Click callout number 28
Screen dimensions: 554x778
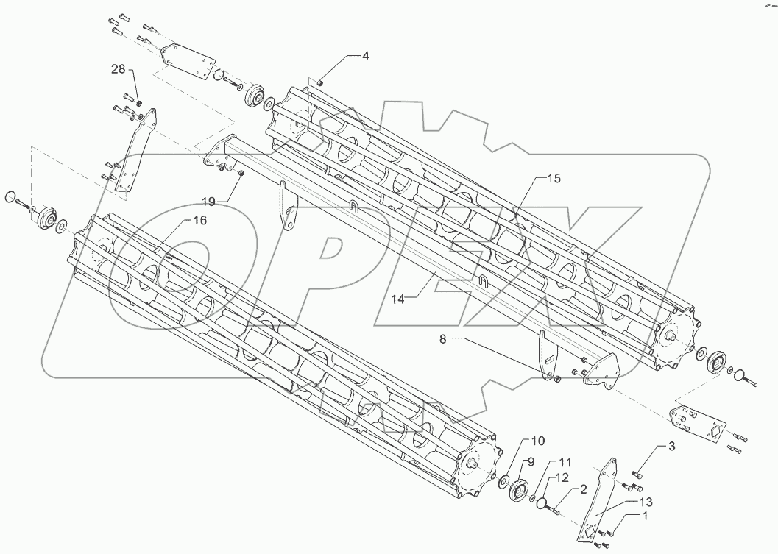119,69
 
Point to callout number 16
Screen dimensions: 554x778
199,220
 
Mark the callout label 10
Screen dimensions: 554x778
537,441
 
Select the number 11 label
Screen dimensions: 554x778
564,462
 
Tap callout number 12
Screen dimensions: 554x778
561,477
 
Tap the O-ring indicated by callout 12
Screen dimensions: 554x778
542,503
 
